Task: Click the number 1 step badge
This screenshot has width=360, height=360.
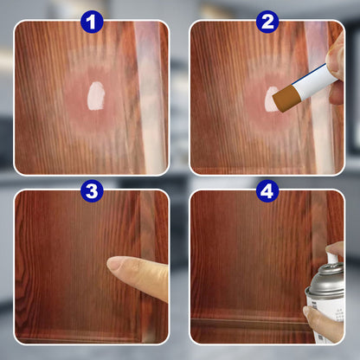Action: tap(92, 21)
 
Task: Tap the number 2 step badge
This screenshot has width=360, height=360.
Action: tap(267, 21)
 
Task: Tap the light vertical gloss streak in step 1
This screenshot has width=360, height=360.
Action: tap(147, 95)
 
